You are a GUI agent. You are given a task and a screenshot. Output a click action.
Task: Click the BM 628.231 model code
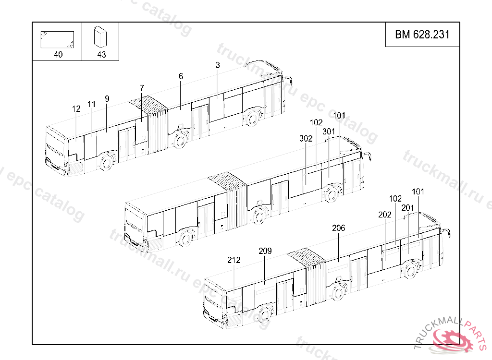point(422,35)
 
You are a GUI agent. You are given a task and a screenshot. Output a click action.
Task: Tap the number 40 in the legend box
point(58,55)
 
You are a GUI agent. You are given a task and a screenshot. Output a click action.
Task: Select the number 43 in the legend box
point(101,55)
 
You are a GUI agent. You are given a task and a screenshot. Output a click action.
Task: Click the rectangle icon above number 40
point(57,40)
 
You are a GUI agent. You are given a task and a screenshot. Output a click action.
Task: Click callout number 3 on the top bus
point(218,65)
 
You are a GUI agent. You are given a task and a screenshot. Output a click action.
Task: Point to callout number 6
point(181,76)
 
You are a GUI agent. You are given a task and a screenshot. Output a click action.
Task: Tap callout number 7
point(142,88)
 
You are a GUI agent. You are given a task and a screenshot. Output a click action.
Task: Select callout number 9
point(107,99)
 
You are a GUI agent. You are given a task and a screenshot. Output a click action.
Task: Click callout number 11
point(91,104)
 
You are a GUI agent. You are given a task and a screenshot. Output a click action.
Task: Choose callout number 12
point(76,109)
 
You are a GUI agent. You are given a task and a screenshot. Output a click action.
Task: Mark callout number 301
point(329,132)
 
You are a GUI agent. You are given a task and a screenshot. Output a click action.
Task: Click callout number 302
point(306,139)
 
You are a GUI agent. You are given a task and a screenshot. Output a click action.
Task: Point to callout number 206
point(339,228)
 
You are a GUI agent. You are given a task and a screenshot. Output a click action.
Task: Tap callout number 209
point(265,251)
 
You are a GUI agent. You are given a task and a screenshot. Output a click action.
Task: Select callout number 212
point(234,260)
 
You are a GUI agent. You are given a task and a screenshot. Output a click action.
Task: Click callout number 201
point(408,207)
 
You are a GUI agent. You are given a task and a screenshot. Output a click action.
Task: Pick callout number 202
point(385,215)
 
